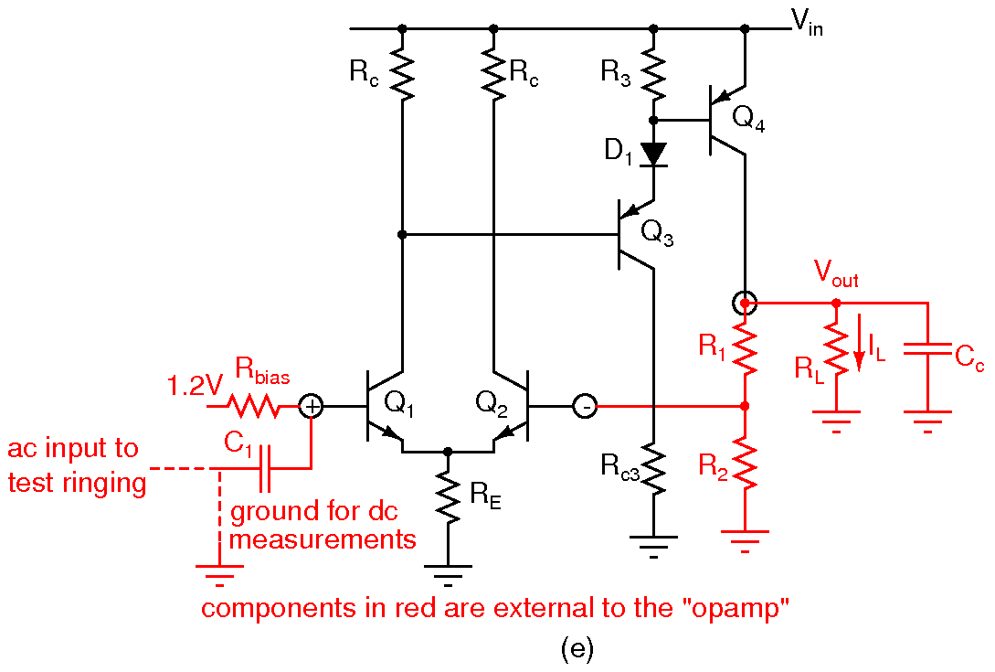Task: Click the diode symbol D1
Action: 653,153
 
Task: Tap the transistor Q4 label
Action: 749,117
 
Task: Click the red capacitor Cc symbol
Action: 926,351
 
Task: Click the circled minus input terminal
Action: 585,405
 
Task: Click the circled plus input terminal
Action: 312,405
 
